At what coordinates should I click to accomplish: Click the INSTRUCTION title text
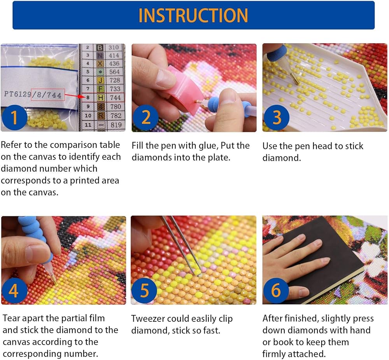click(193, 16)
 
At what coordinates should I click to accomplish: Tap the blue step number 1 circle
click(14, 118)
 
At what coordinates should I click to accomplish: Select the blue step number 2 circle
click(145, 118)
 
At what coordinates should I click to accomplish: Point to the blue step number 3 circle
click(276, 118)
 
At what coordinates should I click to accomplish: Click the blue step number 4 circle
click(14, 290)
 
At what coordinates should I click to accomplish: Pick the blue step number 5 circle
click(144, 290)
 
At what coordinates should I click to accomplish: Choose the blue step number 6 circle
click(276, 290)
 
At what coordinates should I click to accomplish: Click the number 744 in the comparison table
click(116, 98)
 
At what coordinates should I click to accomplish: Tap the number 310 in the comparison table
click(114, 47)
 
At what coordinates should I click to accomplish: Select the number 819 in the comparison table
click(116, 125)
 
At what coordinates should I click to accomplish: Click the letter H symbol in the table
click(100, 98)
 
